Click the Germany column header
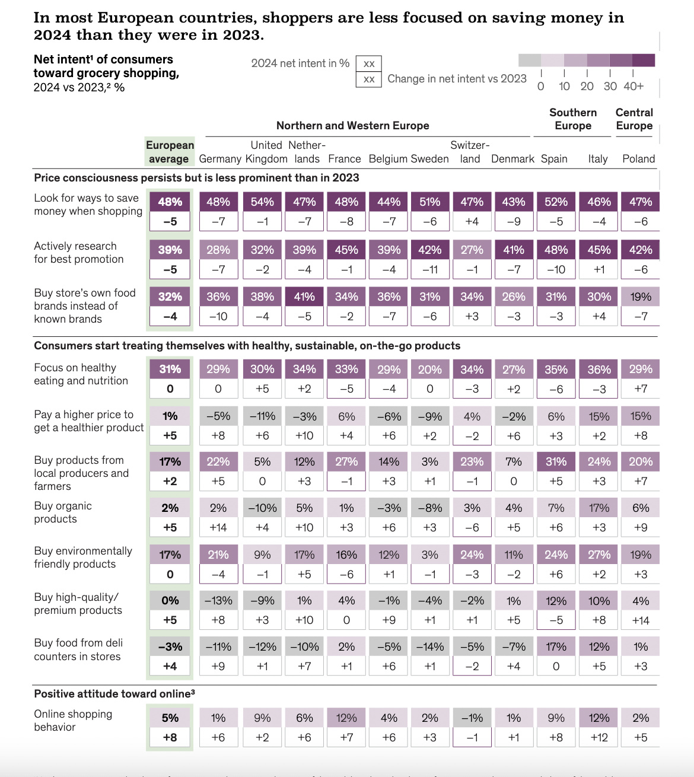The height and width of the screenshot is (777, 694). (220, 159)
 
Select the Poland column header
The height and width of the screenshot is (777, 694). (638, 159)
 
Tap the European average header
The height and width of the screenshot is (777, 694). (170, 152)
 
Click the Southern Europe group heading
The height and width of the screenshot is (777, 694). (573, 119)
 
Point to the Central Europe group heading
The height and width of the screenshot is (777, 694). (634, 119)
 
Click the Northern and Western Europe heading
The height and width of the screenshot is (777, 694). (352, 126)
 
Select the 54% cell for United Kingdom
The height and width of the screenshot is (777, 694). (262, 202)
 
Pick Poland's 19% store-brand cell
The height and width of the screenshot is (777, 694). (641, 297)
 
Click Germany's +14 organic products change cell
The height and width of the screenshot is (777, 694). (218, 527)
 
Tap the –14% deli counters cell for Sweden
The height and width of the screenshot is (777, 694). (430, 647)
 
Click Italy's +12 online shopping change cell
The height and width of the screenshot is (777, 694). (599, 737)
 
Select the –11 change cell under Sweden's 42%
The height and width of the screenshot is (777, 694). (430, 269)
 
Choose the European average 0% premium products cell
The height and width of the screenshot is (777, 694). (170, 601)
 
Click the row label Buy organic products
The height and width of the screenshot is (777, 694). (63, 512)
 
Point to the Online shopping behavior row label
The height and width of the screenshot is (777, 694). (73, 720)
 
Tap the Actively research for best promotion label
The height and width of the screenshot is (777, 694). (79, 253)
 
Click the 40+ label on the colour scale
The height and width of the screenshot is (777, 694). (633, 86)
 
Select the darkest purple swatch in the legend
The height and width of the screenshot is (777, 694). (644, 60)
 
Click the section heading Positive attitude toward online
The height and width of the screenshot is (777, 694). (114, 693)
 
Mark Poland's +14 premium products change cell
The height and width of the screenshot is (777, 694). (641, 620)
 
